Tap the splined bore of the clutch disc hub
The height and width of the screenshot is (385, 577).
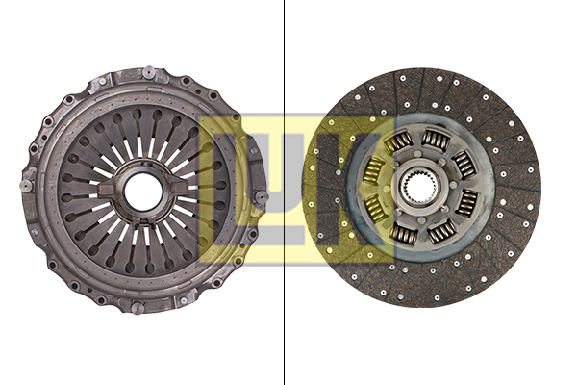click(419, 188)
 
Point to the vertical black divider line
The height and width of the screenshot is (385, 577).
click(284, 192)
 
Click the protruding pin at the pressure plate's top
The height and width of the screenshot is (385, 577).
click(149, 72)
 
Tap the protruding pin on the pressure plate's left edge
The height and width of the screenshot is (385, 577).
click(27, 185)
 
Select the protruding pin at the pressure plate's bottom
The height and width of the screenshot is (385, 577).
click(138, 308)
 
